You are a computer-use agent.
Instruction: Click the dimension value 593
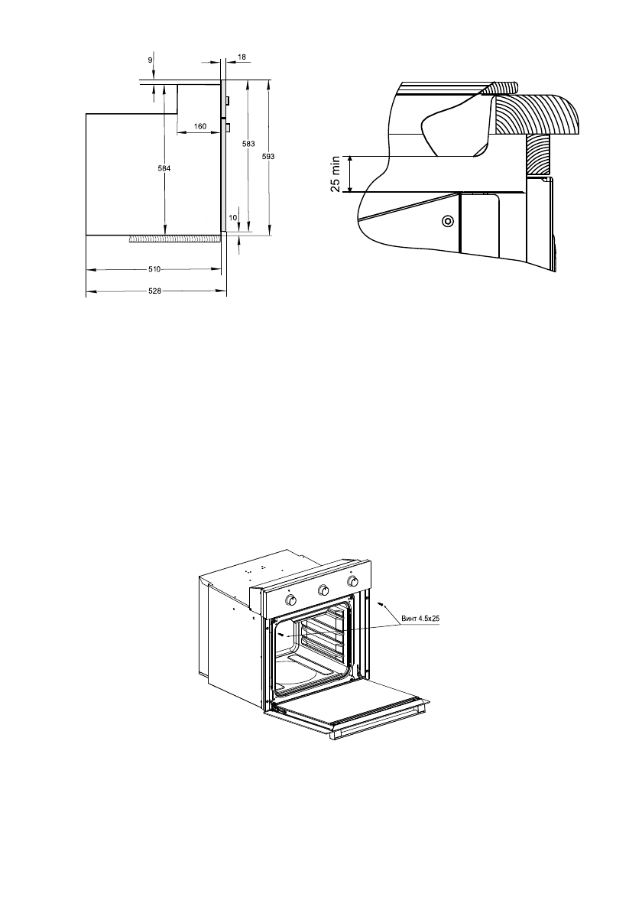click(x=268, y=157)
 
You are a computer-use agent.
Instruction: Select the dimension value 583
click(x=248, y=143)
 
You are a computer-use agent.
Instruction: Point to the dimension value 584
click(x=165, y=168)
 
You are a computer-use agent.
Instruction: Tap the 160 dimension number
click(x=200, y=126)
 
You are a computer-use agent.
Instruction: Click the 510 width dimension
click(x=154, y=269)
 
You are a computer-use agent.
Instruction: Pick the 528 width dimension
click(x=154, y=291)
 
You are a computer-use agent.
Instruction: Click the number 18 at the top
click(x=242, y=57)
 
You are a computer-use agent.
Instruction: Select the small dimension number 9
click(x=151, y=60)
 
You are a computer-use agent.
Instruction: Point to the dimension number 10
click(x=232, y=218)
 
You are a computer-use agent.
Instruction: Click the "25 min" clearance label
click(x=336, y=174)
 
